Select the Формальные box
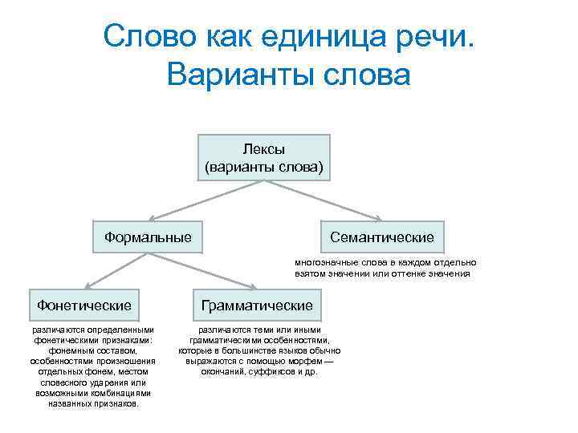point(148,237)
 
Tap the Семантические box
point(381,237)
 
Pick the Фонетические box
point(83,306)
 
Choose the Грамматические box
point(257,306)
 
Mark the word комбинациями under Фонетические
point(116,393)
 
